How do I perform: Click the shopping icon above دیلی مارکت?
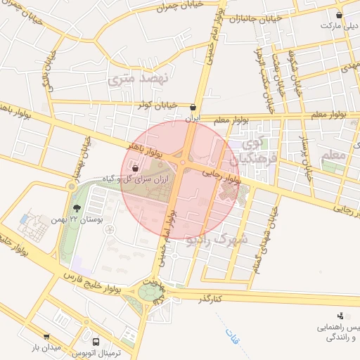(x=340, y=15)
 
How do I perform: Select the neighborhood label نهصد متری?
(x=139, y=79)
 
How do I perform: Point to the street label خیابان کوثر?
(x=154, y=105)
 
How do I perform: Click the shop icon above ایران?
(x=193, y=108)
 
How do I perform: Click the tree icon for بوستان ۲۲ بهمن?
(x=76, y=207)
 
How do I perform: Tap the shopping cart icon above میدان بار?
(x=46, y=337)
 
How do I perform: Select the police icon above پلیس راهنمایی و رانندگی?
(x=340, y=316)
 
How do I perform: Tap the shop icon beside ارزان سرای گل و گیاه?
(x=135, y=167)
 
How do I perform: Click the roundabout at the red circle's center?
(x=182, y=163)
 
